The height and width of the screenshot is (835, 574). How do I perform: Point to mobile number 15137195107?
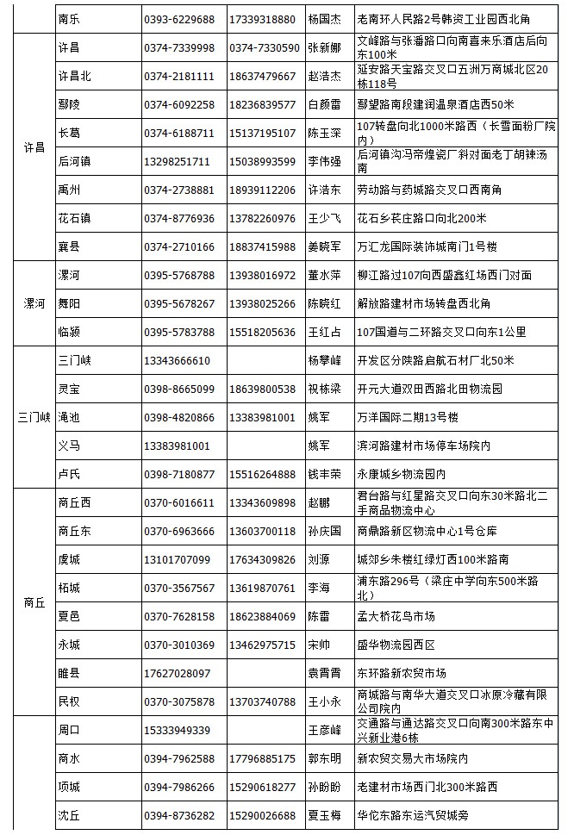(x=262, y=133)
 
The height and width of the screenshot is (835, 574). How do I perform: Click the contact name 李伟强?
(x=325, y=161)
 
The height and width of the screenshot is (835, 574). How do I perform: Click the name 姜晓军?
(x=325, y=246)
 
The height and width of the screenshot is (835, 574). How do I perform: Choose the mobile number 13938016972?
(x=262, y=275)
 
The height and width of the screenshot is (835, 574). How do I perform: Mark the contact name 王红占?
(x=325, y=332)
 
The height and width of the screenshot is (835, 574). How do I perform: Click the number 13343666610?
(x=177, y=360)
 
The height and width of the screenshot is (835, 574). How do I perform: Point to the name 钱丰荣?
(x=325, y=474)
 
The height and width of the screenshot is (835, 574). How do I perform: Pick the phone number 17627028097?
(x=177, y=673)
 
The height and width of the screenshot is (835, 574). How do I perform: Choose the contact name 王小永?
(x=325, y=701)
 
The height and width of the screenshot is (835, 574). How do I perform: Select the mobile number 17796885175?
(x=262, y=758)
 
